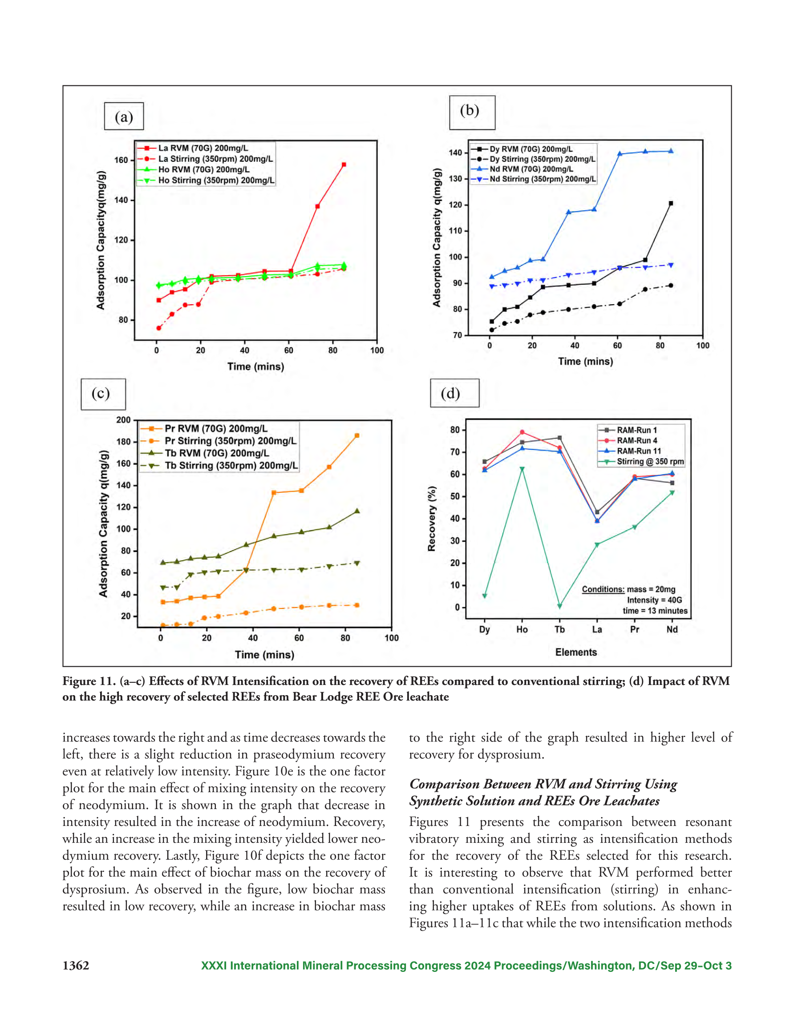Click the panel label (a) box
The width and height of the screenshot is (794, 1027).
click(x=124, y=116)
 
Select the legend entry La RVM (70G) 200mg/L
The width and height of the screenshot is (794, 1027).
click(x=193, y=148)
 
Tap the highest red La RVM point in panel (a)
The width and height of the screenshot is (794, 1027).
click(x=344, y=165)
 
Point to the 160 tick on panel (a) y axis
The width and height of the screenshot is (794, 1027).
click(x=121, y=160)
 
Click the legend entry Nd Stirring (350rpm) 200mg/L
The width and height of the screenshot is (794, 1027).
click(x=534, y=179)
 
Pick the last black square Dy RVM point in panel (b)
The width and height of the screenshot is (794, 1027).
click(x=671, y=204)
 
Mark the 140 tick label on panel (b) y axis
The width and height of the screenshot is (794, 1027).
click(x=455, y=153)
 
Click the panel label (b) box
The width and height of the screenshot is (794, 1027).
click(x=472, y=113)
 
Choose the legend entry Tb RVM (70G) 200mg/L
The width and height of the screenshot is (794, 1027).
click(x=205, y=453)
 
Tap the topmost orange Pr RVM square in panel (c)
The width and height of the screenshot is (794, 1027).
click(x=357, y=435)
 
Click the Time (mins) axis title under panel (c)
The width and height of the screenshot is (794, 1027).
click(x=264, y=655)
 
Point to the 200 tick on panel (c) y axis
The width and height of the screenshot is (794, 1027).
click(x=124, y=420)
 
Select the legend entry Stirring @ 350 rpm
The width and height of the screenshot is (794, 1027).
click(x=641, y=461)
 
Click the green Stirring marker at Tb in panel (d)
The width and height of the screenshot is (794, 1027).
click(x=559, y=606)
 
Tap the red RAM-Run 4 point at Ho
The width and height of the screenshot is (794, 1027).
click(x=522, y=432)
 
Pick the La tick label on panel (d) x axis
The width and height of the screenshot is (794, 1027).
click(x=597, y=630)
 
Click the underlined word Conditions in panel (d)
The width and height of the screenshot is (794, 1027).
click(x=603, y=589)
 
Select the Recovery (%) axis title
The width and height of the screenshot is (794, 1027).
click(x=432, y=519)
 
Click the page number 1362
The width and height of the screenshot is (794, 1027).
click(x=76, y=966)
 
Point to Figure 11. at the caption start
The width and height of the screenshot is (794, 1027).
click(x=85, y=681)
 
